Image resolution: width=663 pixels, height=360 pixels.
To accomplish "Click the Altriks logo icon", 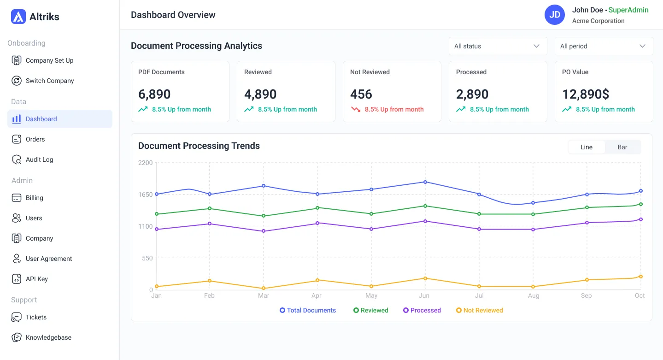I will [x=18, y=17].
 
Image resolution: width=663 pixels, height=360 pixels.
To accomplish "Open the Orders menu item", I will [x=35, y=139].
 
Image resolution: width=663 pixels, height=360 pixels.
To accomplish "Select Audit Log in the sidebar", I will [x=39, y=159].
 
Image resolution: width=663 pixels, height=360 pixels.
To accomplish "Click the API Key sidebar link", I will [x=36, y=279].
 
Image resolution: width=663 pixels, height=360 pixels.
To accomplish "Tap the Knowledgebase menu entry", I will [x=48, y=337].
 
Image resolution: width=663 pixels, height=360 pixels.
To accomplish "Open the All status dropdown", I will [x=498, y=46].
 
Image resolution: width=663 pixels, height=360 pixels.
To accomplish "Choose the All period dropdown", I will [x=604, y=46].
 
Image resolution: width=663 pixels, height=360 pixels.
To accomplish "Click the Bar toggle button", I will [x=622, y=147].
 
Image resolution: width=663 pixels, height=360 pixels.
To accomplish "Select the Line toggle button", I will [x=587, y=147].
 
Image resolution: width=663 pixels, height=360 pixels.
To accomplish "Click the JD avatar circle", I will [x=555, y=15].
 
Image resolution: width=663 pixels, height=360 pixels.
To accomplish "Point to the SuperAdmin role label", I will [x=628, y=10].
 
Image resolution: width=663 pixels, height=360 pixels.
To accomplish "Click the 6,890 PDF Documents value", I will [x=154, y=94].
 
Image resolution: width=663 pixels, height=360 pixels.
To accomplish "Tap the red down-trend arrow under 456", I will [x=356, y=109].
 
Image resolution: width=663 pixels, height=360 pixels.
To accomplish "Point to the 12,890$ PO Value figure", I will [x=586, y=94].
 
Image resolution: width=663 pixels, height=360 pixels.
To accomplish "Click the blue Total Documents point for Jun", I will [x=425, y=182].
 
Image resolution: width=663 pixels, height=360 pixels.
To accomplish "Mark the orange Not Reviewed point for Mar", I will [x=264, y=289].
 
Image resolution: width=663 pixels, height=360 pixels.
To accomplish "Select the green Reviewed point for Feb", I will [x=210, y=208].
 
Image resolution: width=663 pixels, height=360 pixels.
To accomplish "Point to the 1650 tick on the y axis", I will [x=145, y=195].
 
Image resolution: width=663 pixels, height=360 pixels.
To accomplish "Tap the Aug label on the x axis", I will [x=534, y=295].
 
